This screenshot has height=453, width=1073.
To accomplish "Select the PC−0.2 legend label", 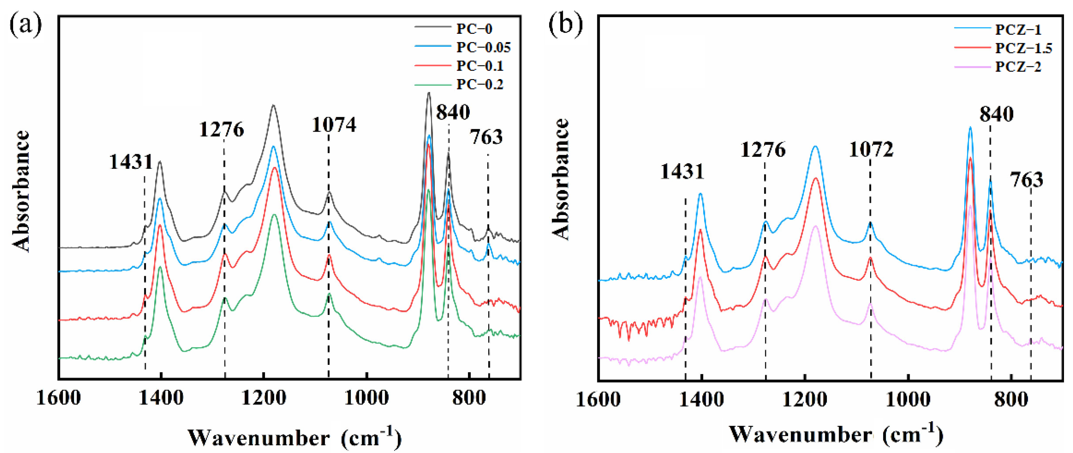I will click(x=479, y=85).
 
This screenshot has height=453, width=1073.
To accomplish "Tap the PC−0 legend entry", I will click(x=474, y=29).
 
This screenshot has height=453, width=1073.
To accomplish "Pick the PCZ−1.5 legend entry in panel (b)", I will click(x=1023, y=48).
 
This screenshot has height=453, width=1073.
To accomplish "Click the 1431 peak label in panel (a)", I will click(x=131, y=162).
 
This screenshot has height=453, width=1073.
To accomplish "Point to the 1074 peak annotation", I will click(x=334, y=125).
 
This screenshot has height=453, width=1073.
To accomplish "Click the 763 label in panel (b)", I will click(x=1026, y=180).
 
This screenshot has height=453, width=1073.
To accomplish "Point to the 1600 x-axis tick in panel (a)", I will click(x=58, y=398).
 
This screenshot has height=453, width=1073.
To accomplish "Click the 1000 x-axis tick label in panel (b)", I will click(x=908, y=400).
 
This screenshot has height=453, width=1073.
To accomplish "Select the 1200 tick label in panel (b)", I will click(x=805, y=400).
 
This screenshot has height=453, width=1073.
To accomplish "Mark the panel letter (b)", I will click(x=565, y=25).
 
